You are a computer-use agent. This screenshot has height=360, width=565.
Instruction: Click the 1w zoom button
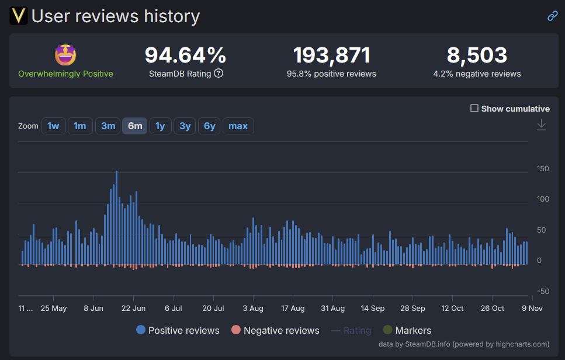click(x=53, y=126)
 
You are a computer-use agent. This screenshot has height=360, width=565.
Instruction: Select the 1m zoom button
click(x=80, y=126)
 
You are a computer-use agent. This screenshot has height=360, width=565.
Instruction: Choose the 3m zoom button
click(x=108, y=126)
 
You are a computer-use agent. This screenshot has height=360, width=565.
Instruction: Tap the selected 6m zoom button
click(x=135, y=126)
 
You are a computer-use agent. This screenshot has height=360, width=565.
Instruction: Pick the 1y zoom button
click(x=160, y=126)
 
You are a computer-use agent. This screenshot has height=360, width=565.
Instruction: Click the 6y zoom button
click(x=209, y=126)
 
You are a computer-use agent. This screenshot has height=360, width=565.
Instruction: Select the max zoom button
click(x=238, y=126)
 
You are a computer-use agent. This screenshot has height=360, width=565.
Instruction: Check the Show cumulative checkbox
click(x=474, y=109)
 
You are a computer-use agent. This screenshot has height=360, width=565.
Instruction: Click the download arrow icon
click(x=542, y=124)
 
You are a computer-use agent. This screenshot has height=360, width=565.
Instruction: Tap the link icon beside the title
click(x=552, y=16)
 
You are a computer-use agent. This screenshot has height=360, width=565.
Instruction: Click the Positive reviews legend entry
click(x=178, y=330)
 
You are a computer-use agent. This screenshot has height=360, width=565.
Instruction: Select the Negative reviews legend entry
click(x=275, y=330)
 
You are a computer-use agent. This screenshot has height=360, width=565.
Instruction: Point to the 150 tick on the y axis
click(x=542, y=169)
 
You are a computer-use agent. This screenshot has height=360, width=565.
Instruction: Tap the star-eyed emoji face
click(x=65, y=56)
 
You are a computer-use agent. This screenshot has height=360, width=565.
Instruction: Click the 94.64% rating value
click(x=185, y=56)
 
